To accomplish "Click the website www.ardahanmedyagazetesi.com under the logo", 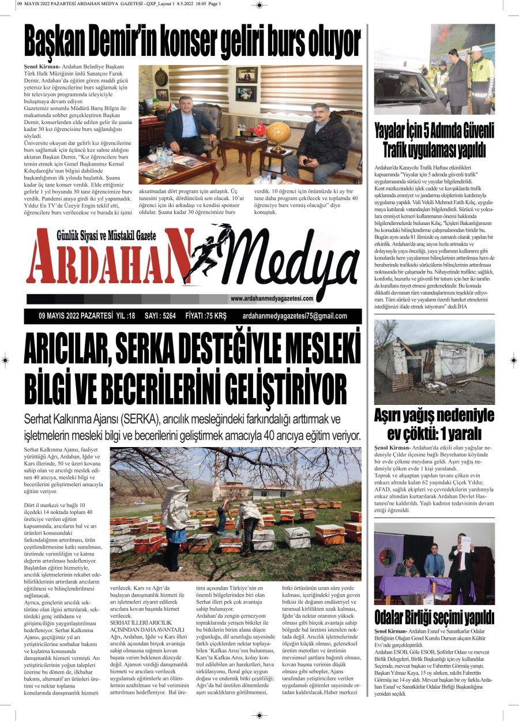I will point(271,298).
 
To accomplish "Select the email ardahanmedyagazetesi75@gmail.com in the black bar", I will point(295,316).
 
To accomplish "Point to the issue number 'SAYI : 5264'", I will point(160,316).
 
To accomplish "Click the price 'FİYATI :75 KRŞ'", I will point(206,316).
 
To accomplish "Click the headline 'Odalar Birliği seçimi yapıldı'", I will point(434,617).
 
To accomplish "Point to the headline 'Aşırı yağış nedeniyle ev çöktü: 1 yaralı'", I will point(434,425).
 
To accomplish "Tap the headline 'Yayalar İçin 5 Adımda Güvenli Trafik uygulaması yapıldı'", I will point(434,140).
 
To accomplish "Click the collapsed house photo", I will point(434,362).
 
